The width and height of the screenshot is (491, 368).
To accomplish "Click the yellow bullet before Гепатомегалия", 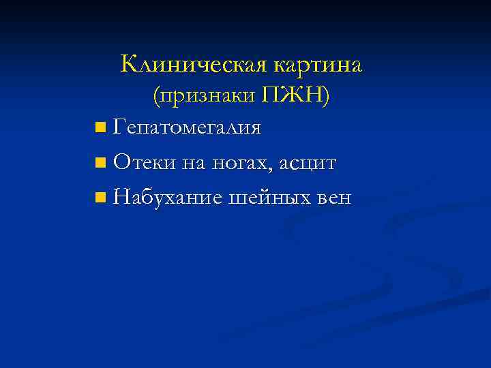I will (x=101, y=127).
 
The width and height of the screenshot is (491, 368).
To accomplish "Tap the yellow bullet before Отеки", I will (x=101, y=163).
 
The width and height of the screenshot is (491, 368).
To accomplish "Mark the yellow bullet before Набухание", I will (x=101, y=198).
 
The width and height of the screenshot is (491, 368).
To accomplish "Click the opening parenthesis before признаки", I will (x=157, y=97).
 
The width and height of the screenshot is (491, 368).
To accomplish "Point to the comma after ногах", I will (x=275, y=169).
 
